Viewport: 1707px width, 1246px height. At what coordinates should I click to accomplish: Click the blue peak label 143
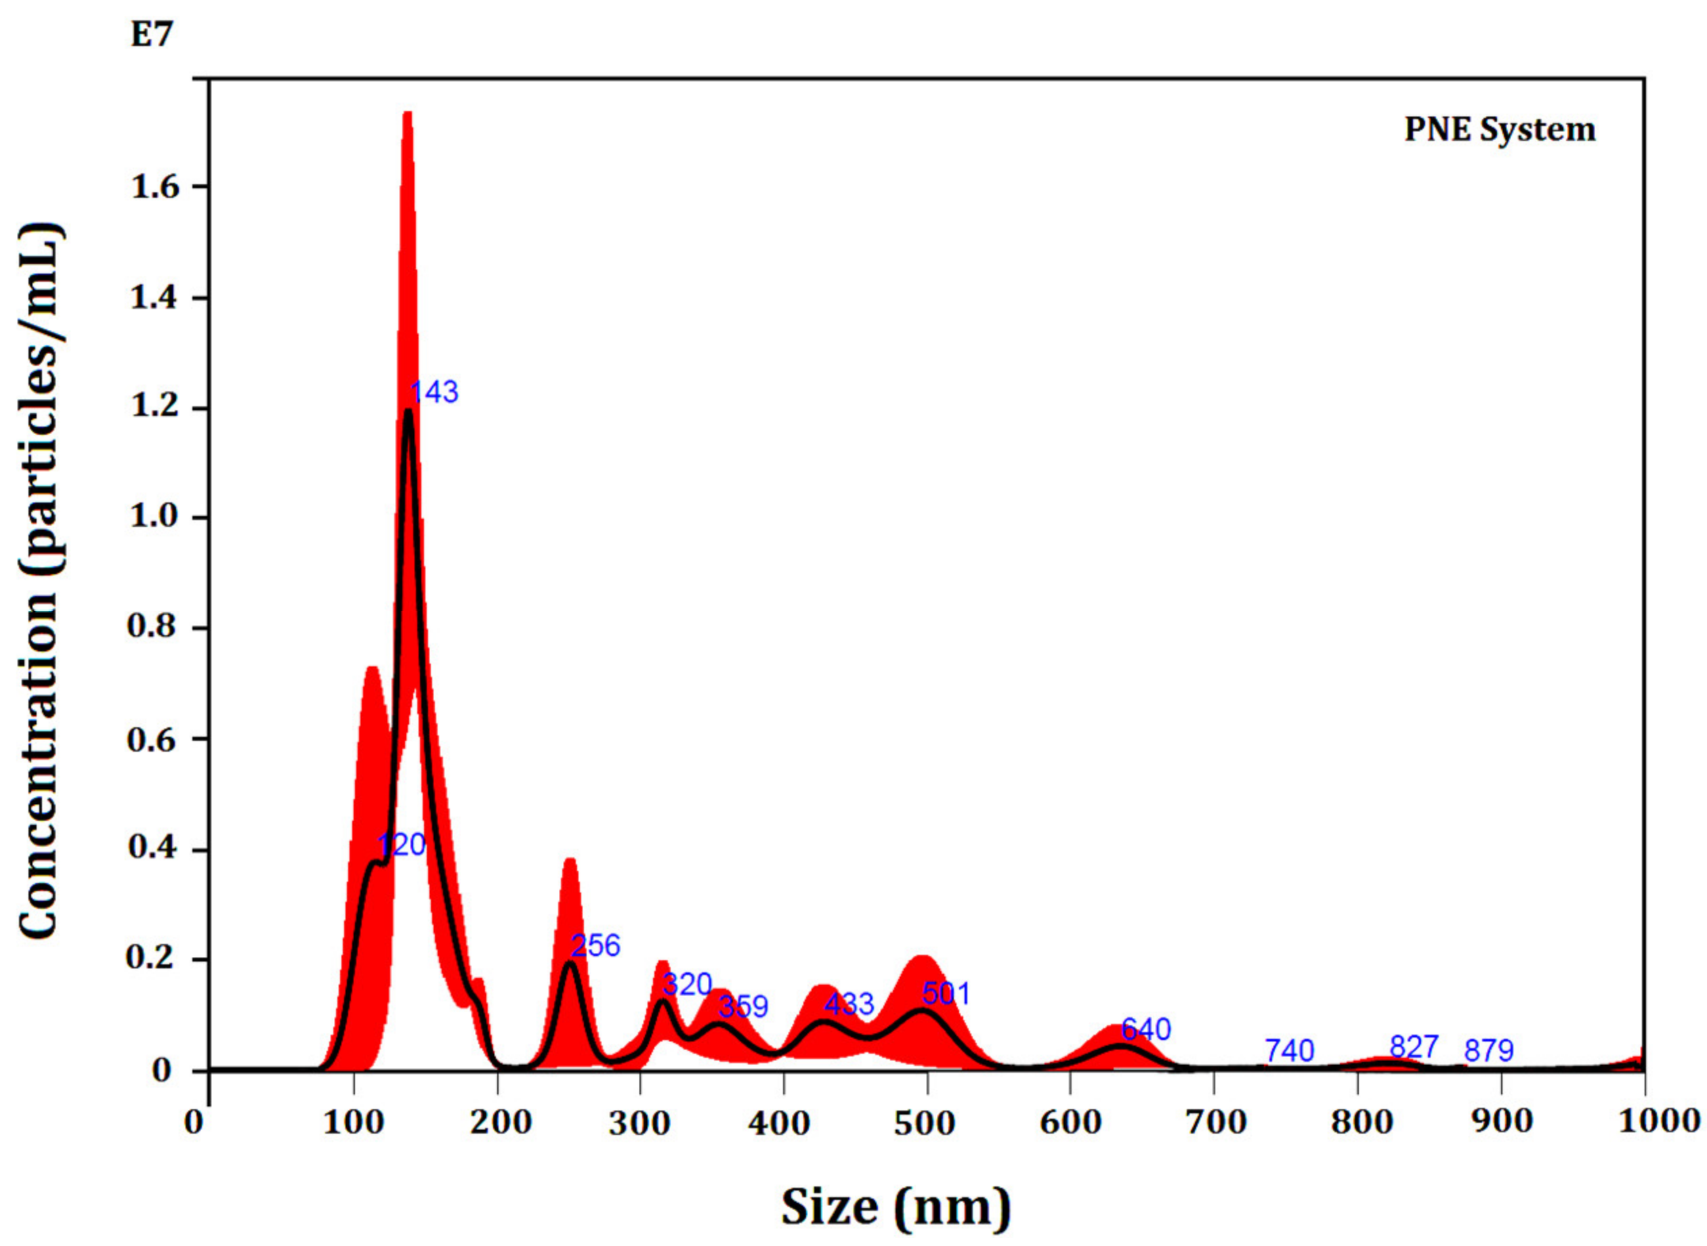click(x=434, y=392)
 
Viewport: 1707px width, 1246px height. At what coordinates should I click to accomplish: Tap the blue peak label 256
click(x=596, y=945)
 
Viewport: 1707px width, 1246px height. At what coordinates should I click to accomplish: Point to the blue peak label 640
click(x=1146, y=1029)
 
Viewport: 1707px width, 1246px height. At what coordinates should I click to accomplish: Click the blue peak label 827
click(x=1414, y=1047)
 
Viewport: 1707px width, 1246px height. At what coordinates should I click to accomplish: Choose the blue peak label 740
click(x=1289, y=1051)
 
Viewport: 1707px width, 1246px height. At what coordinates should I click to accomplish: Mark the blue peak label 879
click(x=1489, y=1051)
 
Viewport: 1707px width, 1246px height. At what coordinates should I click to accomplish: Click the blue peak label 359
click(x=743, y=1006)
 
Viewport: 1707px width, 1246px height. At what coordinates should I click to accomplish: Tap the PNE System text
click(x=1500, y=130)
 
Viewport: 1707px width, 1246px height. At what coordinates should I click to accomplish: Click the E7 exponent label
click(x=152, y=35)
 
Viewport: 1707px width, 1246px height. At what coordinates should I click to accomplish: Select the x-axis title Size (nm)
click(x=895, y=1207)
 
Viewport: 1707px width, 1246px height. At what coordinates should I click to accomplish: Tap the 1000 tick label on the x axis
click(x=1660, y=1121)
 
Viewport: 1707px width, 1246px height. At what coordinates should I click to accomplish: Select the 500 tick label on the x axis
click(x=925, y=1121)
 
